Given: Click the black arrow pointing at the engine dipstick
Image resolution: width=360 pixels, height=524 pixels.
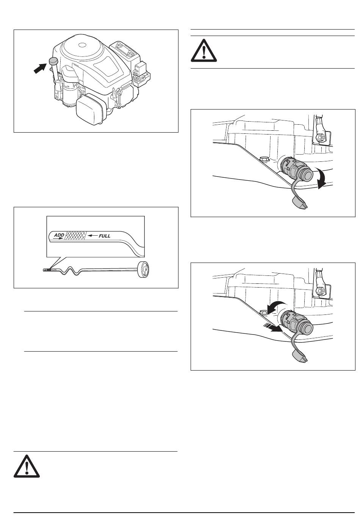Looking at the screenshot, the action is pos(39,68).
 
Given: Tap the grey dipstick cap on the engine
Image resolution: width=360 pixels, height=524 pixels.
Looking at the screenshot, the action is pos(53,61).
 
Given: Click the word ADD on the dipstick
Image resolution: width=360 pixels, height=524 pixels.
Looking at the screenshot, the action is pos(59,235).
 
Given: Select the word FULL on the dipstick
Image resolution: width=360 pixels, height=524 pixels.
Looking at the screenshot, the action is pos(104,236).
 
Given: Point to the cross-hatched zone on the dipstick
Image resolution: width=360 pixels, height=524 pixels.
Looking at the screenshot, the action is pos(75,235).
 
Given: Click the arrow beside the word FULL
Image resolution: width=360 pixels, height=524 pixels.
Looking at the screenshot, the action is pos(92,236).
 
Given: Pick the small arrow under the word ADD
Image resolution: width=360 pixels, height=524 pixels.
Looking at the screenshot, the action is pos(58,238).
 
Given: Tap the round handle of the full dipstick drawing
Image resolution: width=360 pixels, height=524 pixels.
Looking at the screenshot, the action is pos(143,269).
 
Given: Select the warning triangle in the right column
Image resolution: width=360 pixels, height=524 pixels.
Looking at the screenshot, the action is pos(204,50).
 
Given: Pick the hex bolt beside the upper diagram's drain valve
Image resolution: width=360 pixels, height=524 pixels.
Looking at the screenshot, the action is pos(264,159).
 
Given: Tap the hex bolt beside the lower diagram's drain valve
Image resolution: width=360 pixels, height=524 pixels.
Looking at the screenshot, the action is pos(264,312).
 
